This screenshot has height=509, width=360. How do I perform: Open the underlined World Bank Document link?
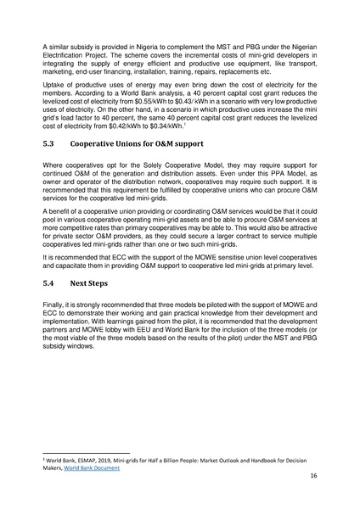95,467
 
